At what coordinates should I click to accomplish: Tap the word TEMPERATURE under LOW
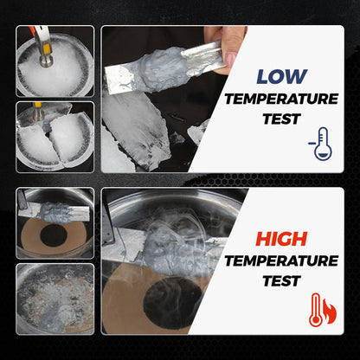[x=282, y=99]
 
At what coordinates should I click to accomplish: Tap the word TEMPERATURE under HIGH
[x=282, y=260]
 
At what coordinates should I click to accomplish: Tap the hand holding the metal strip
[x=227, y=43]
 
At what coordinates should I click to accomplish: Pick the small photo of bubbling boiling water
[x=55, y=299]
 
